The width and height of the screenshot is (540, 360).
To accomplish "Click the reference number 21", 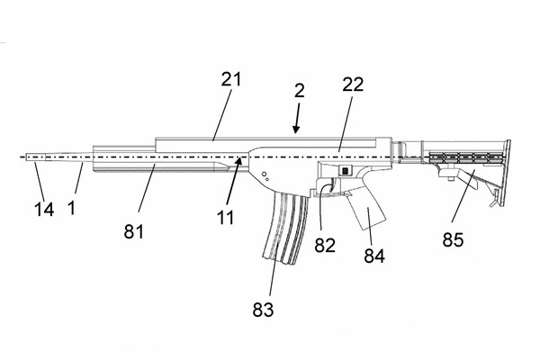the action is (x=231, y=79).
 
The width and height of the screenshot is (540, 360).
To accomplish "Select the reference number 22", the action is (x=353, y=85).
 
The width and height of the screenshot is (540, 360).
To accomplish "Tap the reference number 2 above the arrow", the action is (x=300, y=91).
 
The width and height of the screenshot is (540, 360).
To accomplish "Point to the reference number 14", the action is (x=44, y=210).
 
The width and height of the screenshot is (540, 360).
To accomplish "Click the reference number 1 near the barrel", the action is (x=71, y=208).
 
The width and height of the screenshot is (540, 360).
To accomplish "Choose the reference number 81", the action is (x=133, y=231).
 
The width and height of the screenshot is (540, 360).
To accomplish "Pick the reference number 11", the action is (x=226, y=218).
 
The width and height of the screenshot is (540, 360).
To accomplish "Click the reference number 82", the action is (x=325, y=246).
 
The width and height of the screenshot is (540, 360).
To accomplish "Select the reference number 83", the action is (x=263, y=310).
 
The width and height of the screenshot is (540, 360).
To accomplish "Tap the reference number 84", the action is (x=374, y=256).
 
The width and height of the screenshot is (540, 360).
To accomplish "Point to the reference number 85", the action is (x=453, y=239).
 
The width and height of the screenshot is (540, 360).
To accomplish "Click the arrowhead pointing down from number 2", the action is (x=296, y=130).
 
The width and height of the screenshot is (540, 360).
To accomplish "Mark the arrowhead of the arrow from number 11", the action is (x=241, y=159).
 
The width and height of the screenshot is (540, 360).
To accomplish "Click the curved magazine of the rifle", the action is (x=285, y=228).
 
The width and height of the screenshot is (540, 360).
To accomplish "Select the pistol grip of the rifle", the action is (x=365, y=208).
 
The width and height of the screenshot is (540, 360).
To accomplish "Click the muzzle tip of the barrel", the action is (x=27, y=157).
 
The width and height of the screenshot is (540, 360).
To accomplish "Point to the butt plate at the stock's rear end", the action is (x=507, y=173).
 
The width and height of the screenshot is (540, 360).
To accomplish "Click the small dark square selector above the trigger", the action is (x=345, y=170).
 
